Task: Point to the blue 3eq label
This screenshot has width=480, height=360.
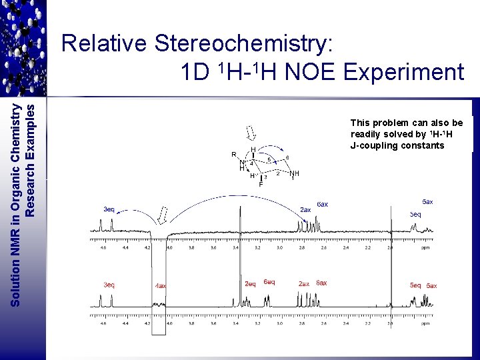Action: click(109, 209)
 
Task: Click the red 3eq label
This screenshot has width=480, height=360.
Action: click(109, 285)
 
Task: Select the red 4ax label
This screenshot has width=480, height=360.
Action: click(161, 286)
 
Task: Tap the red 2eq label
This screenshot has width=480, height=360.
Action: click(250, 284)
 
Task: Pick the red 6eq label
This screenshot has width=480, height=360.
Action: click(269, 282)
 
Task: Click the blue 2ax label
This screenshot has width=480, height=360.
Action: click(305, 209)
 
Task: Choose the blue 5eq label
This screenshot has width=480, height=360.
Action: click(415, 215)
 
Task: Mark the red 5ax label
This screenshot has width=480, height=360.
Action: click(432, 286)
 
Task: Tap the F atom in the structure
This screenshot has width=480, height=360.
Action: click(260, 184)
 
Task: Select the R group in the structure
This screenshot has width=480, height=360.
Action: click(233, 155)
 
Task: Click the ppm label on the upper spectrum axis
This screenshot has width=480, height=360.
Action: click(426, 247)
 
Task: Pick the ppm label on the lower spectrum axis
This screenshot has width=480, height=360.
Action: click(426, 323)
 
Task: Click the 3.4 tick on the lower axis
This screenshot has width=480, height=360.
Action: click(235, 323)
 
